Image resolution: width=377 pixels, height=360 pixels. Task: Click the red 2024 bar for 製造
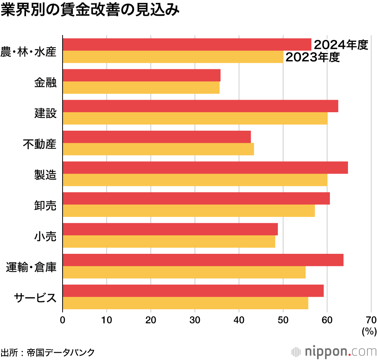pos(205,168)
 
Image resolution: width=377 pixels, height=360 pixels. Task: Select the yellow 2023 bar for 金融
pos(141,88)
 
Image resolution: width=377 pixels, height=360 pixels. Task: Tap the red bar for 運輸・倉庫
pos(203,260)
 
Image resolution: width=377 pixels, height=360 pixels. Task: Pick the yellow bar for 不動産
pos(158,149)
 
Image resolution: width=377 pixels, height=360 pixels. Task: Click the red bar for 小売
pos(170,229)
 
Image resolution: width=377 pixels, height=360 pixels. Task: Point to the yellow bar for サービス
pos(185,303)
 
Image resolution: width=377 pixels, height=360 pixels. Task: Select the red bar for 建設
pos(200,106)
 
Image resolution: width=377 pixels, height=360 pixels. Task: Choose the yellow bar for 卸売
pos(188,211)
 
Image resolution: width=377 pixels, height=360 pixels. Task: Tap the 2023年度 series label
pos(313,58)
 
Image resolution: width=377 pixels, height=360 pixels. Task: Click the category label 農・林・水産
pos(29,51)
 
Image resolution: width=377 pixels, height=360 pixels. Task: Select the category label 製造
pos(45,174)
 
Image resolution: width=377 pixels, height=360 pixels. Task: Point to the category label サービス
pos(35,297)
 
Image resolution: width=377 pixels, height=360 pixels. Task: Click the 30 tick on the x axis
pos(195,320)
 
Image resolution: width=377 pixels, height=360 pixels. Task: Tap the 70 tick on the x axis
pos(371,320)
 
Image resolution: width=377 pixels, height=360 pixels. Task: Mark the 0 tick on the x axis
pos(63,320)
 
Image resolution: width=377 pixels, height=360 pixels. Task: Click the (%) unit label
pos(369,331)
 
